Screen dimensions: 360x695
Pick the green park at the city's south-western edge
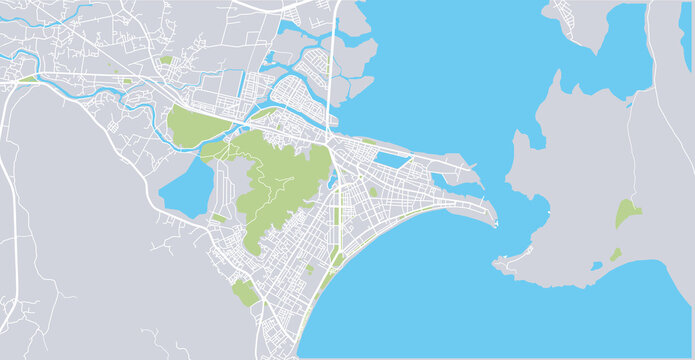coord(244,292)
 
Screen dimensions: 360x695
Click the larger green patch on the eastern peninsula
coord(627,212)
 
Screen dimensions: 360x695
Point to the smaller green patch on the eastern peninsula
coord(615,254)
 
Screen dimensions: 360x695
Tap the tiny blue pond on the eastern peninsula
coord(597,266)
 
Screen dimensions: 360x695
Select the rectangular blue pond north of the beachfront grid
coord(393,159)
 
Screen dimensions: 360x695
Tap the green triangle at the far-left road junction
coord(27,78)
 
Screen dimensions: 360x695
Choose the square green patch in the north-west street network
coord(166,60)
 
